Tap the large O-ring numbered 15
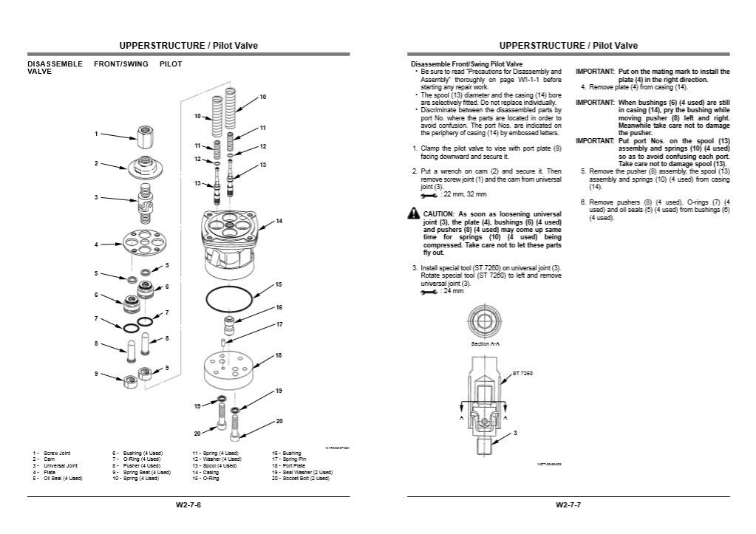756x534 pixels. [228, 300]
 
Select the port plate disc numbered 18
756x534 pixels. [228, 369]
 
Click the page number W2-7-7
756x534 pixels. [568, 505]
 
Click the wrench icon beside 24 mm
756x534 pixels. [428, 292]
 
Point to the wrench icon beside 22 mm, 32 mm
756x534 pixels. [428, 194]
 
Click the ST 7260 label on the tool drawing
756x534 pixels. [522, 374]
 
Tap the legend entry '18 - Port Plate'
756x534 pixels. [291, 466]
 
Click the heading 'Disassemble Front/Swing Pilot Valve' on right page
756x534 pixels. [466, 64]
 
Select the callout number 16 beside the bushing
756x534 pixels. [279, 307]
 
